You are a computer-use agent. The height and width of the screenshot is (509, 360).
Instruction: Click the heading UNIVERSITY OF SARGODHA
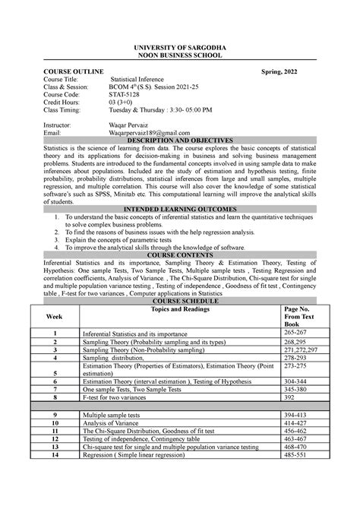(x=180, y=47)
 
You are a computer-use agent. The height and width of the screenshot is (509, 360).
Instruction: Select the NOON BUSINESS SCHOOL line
(x=180, y=55)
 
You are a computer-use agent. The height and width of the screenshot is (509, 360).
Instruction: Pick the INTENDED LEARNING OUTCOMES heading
(x=180, y=207)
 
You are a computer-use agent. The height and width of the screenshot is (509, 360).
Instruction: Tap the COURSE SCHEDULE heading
(x=180, y=302)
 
